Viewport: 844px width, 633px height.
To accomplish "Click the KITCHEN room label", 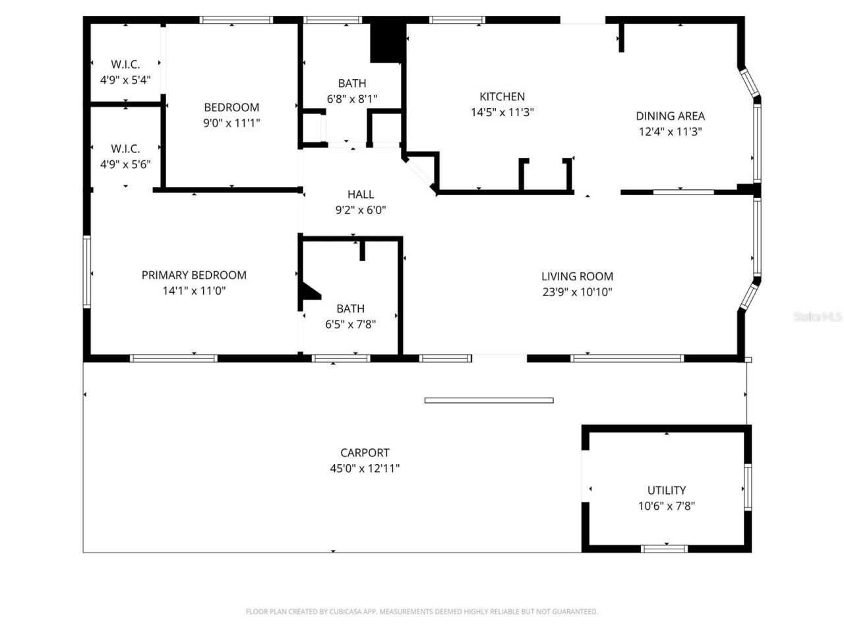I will click(502, 96).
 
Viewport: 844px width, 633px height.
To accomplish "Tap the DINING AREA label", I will click(670, 115).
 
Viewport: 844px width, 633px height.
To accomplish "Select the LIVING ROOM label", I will click(577, 276).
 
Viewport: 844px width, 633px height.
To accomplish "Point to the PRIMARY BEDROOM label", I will click(194, 275).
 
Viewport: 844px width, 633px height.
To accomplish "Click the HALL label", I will click(361, 194).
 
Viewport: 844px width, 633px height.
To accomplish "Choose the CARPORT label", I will click(365, 452).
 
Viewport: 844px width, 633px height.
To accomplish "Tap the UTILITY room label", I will click(666, 490).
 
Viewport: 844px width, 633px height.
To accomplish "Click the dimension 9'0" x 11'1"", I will click(231, 123).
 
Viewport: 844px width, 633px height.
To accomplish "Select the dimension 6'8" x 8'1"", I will click(352, 99).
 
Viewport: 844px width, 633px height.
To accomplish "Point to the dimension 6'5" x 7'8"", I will click(350, 324).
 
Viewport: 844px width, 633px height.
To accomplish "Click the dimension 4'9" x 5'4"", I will click(125, 80).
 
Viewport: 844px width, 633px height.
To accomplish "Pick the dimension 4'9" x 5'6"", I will click(125, 164).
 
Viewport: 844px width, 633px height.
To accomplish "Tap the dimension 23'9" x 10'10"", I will click(577, 292).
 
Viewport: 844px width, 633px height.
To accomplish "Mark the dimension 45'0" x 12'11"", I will click(365, 468).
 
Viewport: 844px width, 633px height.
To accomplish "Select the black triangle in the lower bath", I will click(308, 292).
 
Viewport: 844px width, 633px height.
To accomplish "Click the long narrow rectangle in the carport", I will click(489, 400).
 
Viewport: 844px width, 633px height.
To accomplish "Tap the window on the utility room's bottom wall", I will click(665, 549).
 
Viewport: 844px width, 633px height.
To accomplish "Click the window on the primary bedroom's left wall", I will click(86, 272).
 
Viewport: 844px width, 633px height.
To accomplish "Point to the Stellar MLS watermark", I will click(818, 316).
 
